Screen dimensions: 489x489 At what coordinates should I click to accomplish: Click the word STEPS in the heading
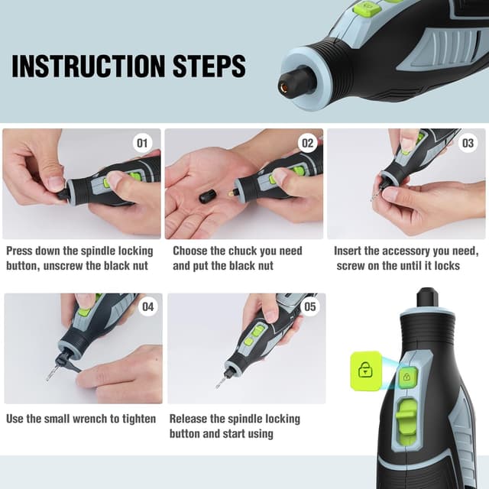click(209, 66)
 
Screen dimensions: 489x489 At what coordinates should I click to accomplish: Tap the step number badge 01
click(143, 143)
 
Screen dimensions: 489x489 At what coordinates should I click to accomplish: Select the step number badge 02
click(307, 143)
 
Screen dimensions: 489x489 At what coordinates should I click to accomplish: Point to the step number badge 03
click(468, 143)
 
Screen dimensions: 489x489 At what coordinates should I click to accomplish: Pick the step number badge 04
click(147, 308)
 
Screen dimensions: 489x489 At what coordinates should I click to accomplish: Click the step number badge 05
click(309, 308)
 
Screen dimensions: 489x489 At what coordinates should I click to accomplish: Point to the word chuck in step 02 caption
click(250, 251)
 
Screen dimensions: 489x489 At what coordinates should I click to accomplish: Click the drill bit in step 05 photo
click(222, 378)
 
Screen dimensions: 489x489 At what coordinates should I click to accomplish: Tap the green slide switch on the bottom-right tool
click(409, 410)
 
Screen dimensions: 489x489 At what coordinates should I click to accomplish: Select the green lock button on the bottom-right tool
click(408, 376)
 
